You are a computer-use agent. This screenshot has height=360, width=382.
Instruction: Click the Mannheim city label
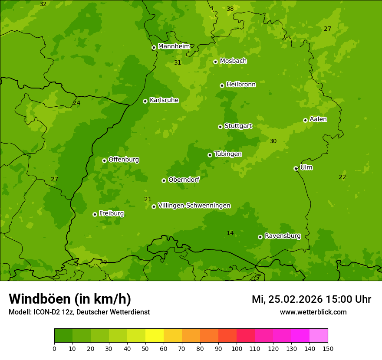pos(174,46)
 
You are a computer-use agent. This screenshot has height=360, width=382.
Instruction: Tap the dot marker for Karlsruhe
pos(145,101)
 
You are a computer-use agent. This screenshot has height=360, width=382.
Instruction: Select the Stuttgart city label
pos(238,126)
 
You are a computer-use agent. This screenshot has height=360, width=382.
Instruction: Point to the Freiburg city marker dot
pos(95,214)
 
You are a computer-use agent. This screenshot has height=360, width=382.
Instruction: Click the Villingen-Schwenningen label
pos(194,206)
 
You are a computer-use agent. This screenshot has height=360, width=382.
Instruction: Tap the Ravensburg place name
pos(283,236)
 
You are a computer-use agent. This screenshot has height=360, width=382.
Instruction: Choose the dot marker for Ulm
pos(296,168)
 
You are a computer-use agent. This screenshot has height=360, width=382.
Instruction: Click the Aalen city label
pos(318,119)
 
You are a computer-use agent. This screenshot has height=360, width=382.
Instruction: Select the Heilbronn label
pos(241,85)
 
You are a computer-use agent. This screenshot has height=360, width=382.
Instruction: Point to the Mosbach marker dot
pos(215,62)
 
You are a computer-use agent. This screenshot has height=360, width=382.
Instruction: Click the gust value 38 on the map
pos(230,9)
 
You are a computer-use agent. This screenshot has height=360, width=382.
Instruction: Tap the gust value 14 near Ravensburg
pos(230,233)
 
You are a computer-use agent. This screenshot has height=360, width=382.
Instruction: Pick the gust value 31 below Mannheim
pos(178,63)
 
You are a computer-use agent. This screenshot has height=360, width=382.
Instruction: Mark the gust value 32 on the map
pos(43,4)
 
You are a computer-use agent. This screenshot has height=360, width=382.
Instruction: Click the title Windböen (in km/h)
pos(70,299)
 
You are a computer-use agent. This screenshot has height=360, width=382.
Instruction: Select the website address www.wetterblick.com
pos(313,312)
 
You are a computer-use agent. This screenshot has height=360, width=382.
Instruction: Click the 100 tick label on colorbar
pos(237,348)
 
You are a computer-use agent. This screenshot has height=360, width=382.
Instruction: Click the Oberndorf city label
pos(184,180)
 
